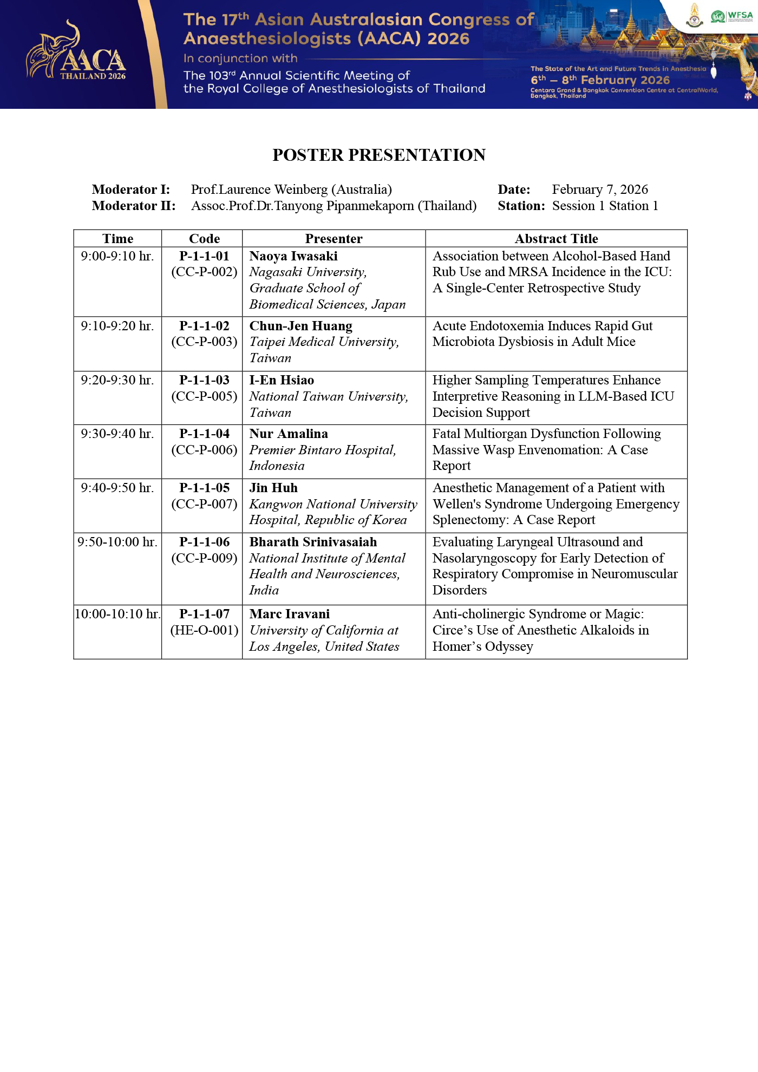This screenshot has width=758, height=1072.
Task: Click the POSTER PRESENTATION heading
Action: click(x=379, y=155)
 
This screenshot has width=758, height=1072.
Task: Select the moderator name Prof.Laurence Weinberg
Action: click(x=291, y=189)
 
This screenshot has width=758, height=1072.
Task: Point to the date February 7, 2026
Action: click(x=600, y=189)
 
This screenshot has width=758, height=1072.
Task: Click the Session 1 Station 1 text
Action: click(x=605, y=206)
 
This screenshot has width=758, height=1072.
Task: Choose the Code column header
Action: click(x=204, y=239)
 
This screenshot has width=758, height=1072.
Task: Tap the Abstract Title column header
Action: click(x=556, y=239)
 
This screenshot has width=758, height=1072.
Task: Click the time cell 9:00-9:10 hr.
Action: click(x=117, y=256)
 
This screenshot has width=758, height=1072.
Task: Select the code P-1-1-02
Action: click(x=204, y=326)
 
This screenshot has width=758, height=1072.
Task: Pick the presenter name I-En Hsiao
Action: click(x=282, y=380)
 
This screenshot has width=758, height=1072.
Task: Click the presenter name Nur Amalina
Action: click(x=289, y=434)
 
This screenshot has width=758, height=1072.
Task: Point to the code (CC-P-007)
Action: click(x=204, y=504)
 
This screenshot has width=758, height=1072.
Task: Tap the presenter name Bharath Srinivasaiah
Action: click(x=313, y=542)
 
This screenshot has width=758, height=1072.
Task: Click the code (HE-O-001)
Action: click(x=204, y=630)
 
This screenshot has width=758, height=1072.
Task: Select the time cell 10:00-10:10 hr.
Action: click(x=117, y=614)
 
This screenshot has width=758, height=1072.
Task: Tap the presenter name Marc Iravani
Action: click(x=290, y=614)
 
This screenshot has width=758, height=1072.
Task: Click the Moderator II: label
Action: click(x=134, y=206)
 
